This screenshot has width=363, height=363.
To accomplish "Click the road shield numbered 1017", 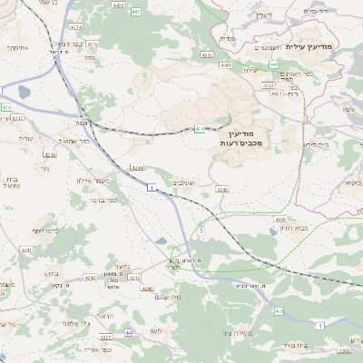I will [105, 336].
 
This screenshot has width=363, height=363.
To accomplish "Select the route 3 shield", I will [200, 231].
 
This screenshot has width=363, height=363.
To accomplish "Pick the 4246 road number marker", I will [222, 190].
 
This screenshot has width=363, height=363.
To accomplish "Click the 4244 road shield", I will [136, 168].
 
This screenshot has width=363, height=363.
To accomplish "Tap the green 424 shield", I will [6, 107].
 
